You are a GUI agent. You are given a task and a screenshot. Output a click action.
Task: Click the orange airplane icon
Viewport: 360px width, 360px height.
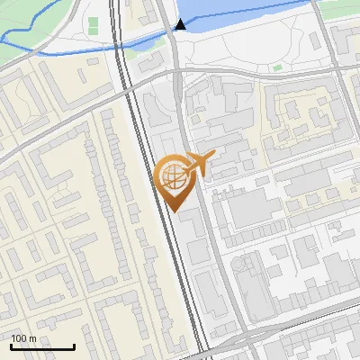(199, 163)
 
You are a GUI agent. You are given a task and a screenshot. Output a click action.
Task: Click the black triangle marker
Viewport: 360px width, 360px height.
(181, 24)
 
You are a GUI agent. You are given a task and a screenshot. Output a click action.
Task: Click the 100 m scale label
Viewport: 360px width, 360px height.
(24, 338)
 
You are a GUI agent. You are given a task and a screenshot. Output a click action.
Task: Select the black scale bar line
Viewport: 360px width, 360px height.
(42, 346)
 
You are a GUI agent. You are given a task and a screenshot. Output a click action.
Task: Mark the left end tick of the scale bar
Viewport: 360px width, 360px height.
(11, 345)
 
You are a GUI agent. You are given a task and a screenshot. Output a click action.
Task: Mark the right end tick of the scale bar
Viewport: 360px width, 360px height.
(74, 345)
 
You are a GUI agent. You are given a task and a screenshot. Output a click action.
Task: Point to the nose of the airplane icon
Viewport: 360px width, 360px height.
(213, 157)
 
